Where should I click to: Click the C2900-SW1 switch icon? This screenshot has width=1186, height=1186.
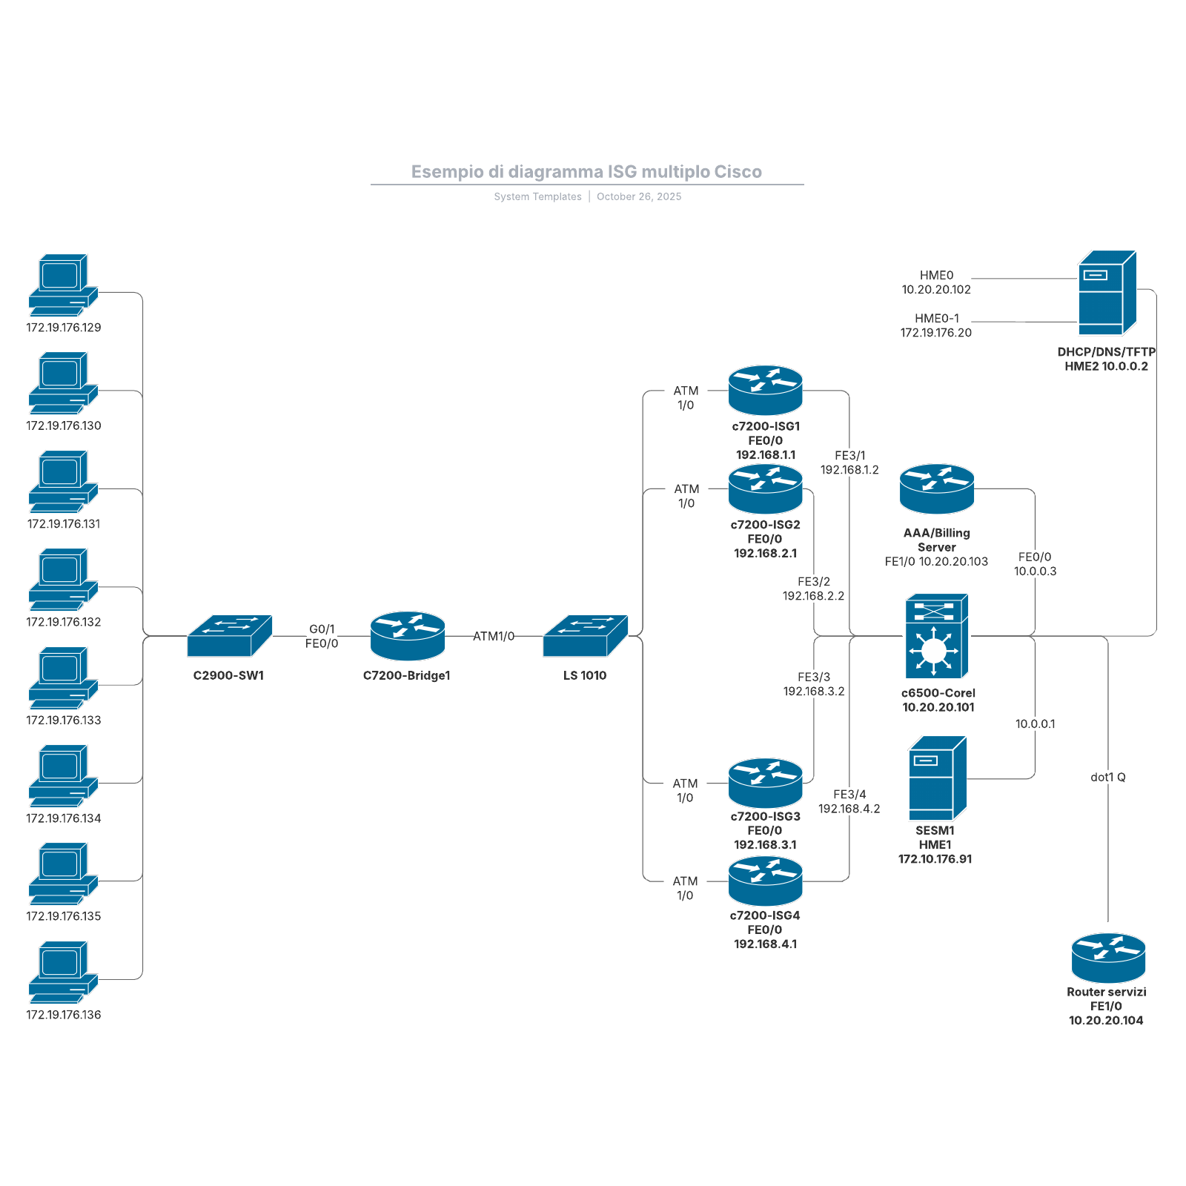tap(229, 636)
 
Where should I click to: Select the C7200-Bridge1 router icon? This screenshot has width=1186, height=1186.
tap(407, 636)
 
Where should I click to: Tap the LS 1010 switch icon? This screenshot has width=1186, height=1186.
tap(585, 636)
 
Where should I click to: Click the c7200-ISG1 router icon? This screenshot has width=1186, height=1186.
tap(765, 390)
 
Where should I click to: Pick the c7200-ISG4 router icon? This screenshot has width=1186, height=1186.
tap(765, 881)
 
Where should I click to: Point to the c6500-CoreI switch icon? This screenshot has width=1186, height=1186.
tap(936, 636)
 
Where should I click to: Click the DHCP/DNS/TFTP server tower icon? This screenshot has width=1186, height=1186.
tap(1107, 294)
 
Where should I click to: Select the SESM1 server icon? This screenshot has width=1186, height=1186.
tap(937, 778)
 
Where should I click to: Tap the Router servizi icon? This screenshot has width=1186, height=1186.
tap(1107, 958)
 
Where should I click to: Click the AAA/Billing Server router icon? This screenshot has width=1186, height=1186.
tap(936, 489)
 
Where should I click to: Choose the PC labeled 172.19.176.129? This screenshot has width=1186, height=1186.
tap(63, 285)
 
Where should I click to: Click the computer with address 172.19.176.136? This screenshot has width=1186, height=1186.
tap(63, 972)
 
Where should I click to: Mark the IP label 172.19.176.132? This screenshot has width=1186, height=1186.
tap(64, 622)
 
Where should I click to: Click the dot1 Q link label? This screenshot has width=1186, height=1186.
tap(1107, 777)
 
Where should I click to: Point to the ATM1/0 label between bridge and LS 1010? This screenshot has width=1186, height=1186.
tap(494, 636)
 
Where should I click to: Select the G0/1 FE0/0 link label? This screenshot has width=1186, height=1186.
tap(322, 636)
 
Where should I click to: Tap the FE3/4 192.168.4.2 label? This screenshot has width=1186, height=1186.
tap(849, 801)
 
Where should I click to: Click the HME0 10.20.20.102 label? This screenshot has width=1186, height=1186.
tap(936, 282)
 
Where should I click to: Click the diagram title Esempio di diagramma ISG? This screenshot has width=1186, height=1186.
tap(586, 172)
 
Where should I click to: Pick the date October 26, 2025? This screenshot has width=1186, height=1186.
tap(639, 196)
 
